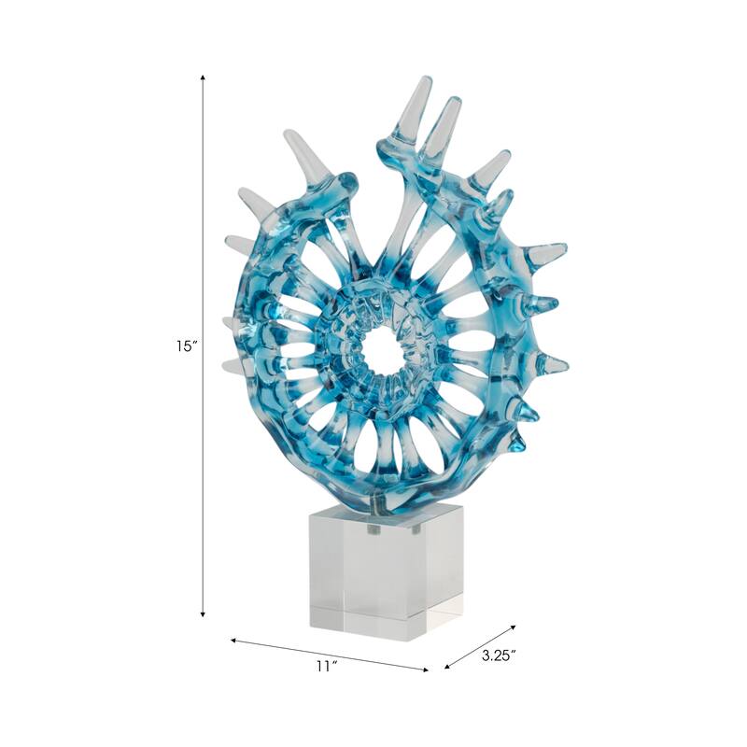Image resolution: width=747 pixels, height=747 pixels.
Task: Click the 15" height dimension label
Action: tap(183, 346)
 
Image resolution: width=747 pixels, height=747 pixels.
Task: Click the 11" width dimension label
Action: tap(324, 666)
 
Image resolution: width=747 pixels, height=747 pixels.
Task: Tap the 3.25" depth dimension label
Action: tap(500, 655)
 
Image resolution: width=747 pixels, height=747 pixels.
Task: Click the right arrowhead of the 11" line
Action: tap(427, 669)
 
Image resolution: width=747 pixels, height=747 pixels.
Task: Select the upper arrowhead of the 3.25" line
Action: tap(512, 628)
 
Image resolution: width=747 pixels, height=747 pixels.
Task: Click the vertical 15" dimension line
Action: tap(203, 233)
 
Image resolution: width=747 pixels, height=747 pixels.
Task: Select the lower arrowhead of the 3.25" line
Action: tap(448, 667)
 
